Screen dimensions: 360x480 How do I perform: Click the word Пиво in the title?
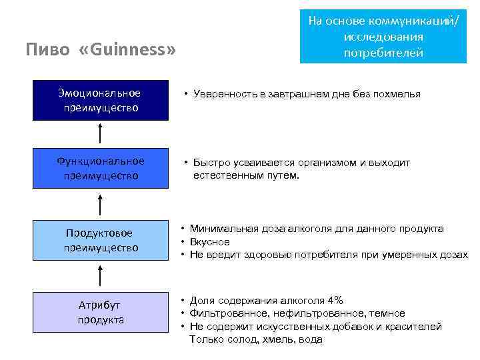point(47,50)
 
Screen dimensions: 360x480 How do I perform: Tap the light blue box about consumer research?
point(383,37)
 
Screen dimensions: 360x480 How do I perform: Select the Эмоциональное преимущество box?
point(99,100)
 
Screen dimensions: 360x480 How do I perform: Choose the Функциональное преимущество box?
point(99,169)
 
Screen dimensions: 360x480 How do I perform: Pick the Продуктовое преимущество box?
point(99,240)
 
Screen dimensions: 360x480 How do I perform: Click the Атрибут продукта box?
point(99,312)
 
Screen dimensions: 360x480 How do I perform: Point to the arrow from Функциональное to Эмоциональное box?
point(100,133)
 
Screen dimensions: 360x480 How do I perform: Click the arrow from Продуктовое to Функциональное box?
point(100,205)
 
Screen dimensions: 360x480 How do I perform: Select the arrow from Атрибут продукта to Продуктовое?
point(100,276)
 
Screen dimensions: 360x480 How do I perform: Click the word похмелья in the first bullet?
point(397,94)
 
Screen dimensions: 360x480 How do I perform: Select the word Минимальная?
point(221,229)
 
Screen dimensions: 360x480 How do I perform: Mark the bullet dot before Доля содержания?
point(181,301)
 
